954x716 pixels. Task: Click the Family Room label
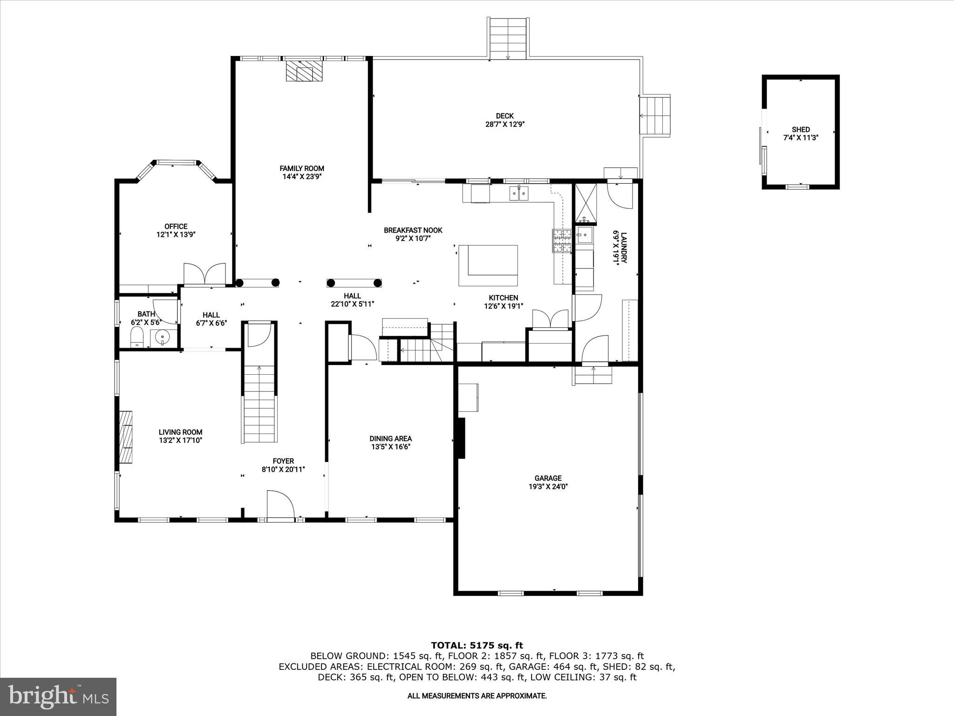301,168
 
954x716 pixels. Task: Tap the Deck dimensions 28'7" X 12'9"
504,124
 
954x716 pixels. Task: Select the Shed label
800,130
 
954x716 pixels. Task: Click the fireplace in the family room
304,71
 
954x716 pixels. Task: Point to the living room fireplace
125,436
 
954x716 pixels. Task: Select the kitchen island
488,265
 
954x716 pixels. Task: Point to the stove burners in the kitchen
562,241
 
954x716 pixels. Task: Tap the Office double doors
204,274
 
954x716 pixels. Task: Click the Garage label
548,478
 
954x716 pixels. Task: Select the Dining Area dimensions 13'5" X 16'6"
390,447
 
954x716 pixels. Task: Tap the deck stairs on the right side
655,116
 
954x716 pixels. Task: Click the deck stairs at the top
507,38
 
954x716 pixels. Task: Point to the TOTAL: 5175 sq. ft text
477,645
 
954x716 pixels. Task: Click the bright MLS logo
58,697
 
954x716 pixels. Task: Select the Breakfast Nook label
413,230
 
